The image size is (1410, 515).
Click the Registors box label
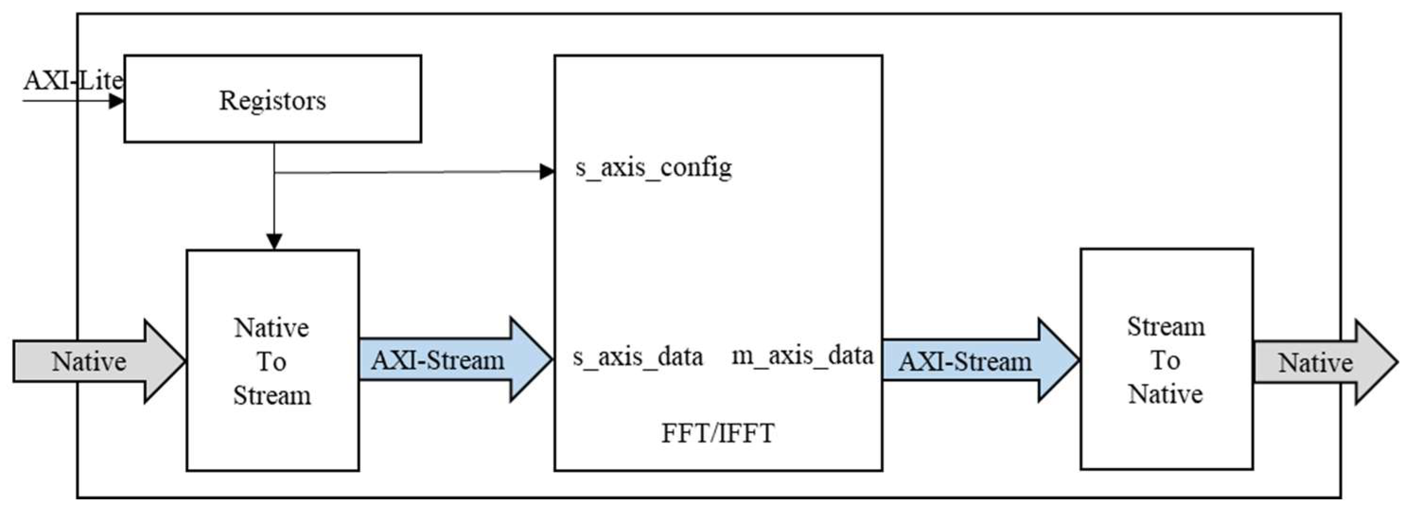click(x=272, y=101)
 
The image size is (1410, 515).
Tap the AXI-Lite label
click(x=73, y=81)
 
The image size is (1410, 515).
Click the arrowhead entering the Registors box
click(x=116, y=101)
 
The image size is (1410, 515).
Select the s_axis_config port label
click(x=653, y=167)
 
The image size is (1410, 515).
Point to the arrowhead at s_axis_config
click(x=547, y=172)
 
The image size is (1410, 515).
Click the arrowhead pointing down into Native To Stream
click(x=274, y=241)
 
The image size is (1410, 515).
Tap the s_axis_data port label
click(x=638, y=358)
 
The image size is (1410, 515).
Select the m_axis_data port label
click(x=802, y=356)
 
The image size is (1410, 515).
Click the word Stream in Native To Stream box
click(x=272, y=395)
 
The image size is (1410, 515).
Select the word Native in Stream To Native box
click(x=1165, y=394)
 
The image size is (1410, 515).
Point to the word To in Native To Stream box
click(x=271, y=362)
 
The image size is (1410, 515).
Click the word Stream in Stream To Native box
click(x=1166, y=327)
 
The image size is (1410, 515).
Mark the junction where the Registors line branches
click(x=274, y=173)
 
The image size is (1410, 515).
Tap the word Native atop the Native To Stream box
click(x=271, y=328)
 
